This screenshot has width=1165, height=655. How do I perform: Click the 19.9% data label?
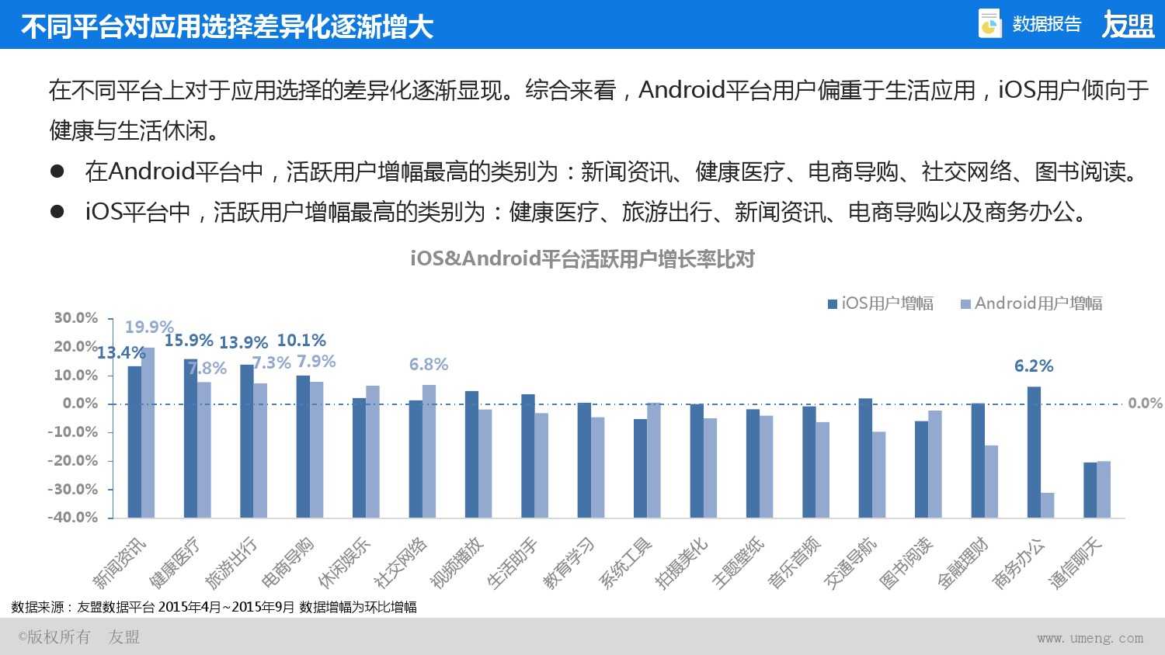pos(149,327)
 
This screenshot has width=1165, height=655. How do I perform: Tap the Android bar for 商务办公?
pos(1048,504)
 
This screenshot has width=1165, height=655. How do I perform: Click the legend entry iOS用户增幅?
pos(881,303)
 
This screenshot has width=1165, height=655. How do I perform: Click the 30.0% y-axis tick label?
pos(75,318)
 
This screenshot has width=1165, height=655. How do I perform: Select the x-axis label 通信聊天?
pos(1076,563)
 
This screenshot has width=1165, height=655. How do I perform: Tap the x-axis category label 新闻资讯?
pos(119,563)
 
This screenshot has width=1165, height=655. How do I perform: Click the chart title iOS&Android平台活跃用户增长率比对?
pos(582,259)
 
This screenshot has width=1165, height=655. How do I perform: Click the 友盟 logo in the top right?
pos(1128,25)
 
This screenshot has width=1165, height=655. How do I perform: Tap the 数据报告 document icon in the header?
pos(989,24)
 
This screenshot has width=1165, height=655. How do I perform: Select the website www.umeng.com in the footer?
pos(1090,638)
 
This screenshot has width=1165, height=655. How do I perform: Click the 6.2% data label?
pos(1034,366)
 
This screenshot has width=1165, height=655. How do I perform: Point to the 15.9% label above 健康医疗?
pos(188,341)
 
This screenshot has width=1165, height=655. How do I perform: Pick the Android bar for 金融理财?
pos(992,481)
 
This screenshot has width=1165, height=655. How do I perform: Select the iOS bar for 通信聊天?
pos(1090,490)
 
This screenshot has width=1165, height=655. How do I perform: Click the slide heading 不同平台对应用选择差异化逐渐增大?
pos(227,27)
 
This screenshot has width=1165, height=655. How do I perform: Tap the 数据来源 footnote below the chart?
pos(214,607)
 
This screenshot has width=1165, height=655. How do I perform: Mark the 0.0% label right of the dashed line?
pos(1145,404)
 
